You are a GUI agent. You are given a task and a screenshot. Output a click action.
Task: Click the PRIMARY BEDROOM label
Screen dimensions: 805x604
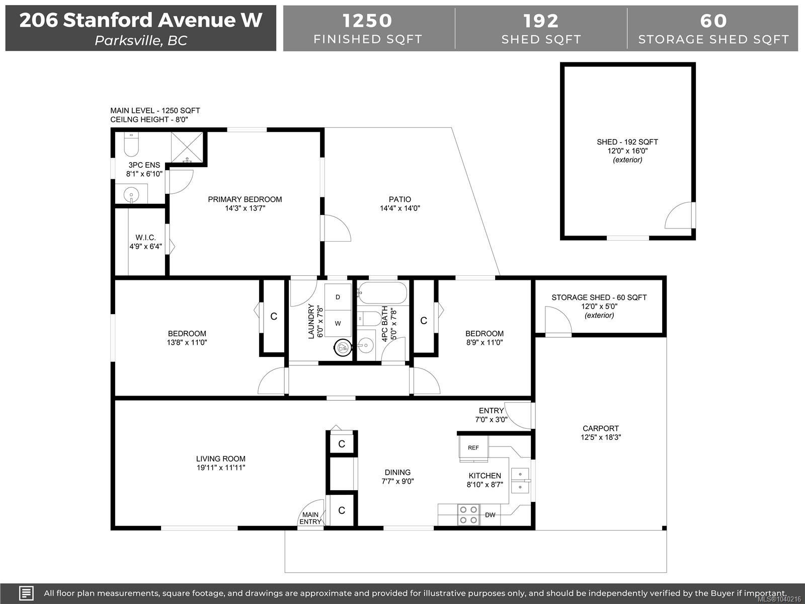click(x=245, y=199)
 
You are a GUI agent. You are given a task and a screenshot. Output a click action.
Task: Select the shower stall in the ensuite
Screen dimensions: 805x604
click(x=187, y=147)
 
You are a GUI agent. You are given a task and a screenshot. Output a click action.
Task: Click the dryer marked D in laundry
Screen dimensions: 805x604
click(x=338, y=296)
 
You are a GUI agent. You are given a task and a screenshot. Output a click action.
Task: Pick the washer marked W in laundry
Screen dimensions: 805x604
click(x=338, y=324)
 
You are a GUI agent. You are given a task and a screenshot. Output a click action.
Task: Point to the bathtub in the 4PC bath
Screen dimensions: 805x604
click(x=382, y=293)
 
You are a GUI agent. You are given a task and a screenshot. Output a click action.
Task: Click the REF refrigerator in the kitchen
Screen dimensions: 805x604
click(x=473, y=448)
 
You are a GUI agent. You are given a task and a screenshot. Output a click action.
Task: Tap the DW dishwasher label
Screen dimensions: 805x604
click(x=490, y=515)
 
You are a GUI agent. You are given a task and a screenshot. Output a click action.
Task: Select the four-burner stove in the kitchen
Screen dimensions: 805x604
click(x=468, y=514)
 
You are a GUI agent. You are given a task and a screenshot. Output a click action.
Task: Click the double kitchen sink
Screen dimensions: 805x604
click(x=520, y=480)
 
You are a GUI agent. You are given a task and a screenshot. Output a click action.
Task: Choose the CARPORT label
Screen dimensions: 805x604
click(x=601, y=428)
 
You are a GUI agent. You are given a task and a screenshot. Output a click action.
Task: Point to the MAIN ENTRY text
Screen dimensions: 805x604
click(x=310, y=518)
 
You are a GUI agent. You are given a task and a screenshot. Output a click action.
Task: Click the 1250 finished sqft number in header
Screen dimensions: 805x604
click(x=367, y=21)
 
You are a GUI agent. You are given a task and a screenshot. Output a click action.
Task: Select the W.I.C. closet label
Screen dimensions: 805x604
click(x=145, y=238)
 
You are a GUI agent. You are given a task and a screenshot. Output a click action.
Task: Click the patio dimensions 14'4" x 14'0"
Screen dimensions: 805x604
click(x=400, y=208)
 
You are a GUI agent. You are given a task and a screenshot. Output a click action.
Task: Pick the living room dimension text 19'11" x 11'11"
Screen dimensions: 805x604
click(x=221, y=468)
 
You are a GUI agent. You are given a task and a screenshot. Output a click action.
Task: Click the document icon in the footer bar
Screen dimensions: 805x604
click(x=26, y=593)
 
